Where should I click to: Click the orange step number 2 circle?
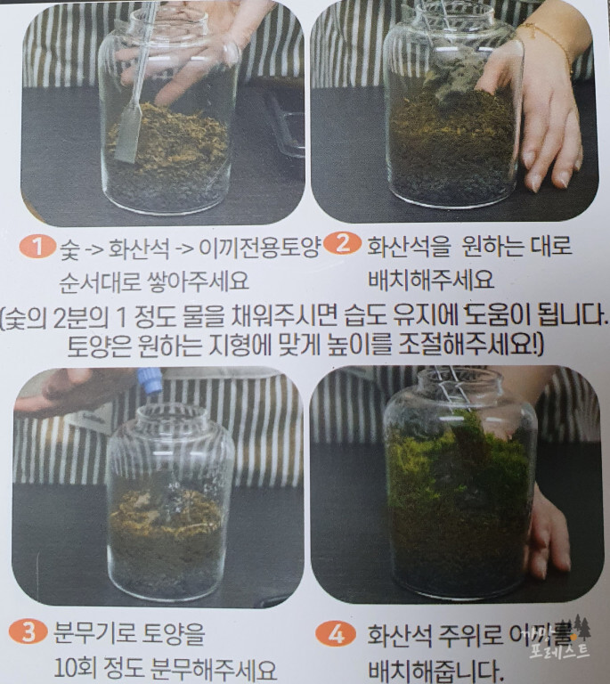pyautogui.click(x=339, y=245)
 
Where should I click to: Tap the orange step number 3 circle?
pyautogui.click(x=28, y=633)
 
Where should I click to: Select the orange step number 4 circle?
pyautogui.click(x=335, y=634)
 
